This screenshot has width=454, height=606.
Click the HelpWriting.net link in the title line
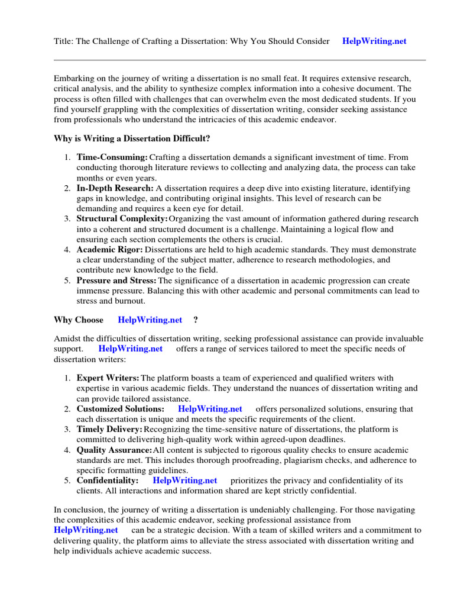click(374, 41)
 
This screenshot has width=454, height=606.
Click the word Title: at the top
click(64, 41)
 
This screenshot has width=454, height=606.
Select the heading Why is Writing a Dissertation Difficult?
click(132, 138)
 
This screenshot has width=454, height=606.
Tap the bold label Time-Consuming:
click(112, 157)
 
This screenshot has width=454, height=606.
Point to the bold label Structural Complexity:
click(122, 219)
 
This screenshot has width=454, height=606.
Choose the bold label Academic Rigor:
click(109, 250)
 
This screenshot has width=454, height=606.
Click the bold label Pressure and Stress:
click(116, 281)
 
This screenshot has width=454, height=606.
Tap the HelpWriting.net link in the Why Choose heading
click(150, 320)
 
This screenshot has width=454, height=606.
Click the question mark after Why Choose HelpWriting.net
click(196, 320)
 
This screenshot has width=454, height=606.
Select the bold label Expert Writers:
click(108, 378)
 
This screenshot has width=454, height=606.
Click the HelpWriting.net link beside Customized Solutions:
click(210, 409)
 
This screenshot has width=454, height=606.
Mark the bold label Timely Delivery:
click(109, 428)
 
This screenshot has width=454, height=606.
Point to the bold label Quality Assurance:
click(115, 450)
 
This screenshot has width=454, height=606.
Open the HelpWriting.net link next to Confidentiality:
click(185, 481)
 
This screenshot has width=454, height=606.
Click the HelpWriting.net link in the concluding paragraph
click(86, 530)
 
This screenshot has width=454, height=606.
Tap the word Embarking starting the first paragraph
click(73, 79)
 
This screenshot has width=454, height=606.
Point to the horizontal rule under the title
click(239, 60)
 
